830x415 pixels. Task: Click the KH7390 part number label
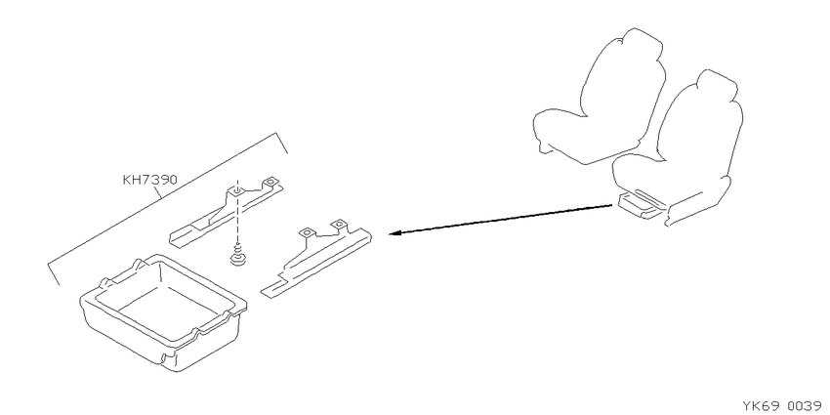pos(149,180)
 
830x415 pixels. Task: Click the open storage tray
pos(162,311)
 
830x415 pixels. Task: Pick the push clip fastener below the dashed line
pos(237,256)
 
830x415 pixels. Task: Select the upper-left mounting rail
pos(226,212)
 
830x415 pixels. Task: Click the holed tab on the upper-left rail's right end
pos(271,183)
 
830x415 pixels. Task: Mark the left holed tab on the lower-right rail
pos(307,233)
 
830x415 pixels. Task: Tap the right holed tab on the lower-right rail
pos(337,226)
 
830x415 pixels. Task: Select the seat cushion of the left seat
pos(580,136)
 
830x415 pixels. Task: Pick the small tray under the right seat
pos(641,205)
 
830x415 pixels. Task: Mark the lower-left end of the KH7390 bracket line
pos(59,284)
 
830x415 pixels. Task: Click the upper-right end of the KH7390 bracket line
pos(287,152)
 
